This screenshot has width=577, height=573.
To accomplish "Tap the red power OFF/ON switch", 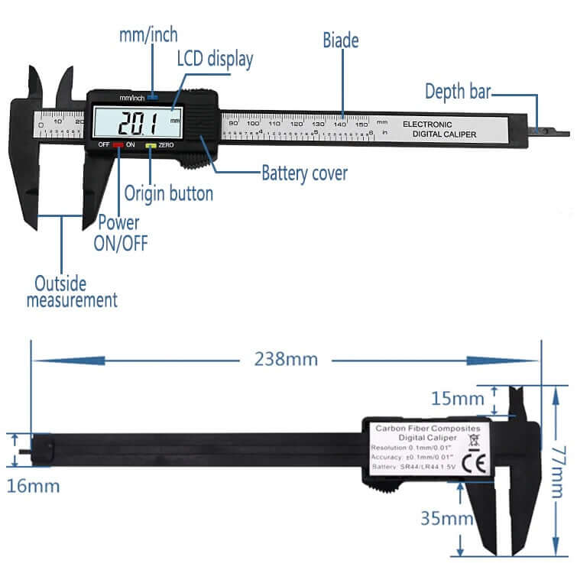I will point(118,144).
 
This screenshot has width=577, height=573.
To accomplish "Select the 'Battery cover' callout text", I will point(304,173).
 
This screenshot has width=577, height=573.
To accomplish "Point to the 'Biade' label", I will point(340,39).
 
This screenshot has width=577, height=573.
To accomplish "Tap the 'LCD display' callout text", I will point(215,58).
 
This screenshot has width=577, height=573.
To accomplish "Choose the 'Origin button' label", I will point(168,194).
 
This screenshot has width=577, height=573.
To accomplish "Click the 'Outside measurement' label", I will point(73,291).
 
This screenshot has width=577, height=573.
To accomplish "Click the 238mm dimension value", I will point(286,359).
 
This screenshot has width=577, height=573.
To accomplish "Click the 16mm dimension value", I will point(33,485).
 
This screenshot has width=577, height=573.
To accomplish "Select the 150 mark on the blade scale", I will point(361,123).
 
